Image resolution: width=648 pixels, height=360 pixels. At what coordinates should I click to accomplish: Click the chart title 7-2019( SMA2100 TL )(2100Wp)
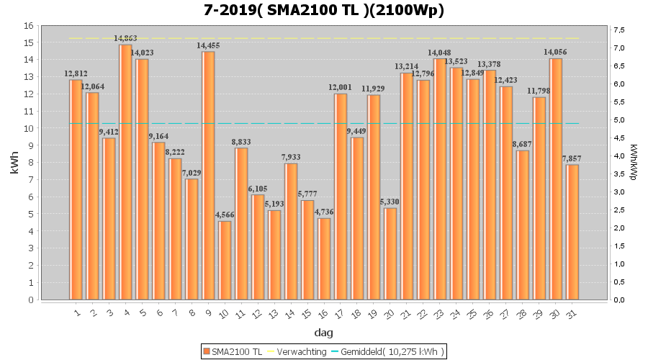pos(323,10)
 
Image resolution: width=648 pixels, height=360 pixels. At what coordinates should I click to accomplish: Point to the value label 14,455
pos(209,45)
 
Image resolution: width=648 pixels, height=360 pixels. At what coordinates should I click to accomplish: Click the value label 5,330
pos(390,202)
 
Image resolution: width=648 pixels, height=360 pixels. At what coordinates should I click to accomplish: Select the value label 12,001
pos(341,88)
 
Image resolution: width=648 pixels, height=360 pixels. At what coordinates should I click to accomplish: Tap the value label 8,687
pos(523,144)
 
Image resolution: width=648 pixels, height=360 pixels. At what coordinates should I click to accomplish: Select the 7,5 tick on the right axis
pos(618,30)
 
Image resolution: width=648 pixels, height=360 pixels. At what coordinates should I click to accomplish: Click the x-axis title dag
pos(323,333)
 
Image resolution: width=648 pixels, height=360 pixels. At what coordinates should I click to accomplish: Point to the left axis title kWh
pos(15,163)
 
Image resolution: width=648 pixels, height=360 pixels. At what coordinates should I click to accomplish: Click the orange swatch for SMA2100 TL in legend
pos(207,351)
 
